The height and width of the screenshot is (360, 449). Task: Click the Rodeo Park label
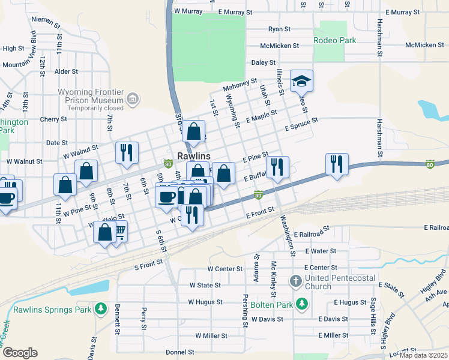[335, 41]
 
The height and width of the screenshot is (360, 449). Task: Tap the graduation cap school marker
[302, 81]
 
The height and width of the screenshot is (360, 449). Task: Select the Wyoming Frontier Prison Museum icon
[133, 98]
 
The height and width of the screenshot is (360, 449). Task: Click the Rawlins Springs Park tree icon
[101, 309]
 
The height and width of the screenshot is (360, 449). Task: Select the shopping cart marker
[119, 231]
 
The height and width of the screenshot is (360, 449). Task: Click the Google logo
[20, 353]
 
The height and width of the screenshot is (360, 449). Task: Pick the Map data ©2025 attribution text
[424, 355]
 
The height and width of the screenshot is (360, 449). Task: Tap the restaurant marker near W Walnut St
[127, 152]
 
